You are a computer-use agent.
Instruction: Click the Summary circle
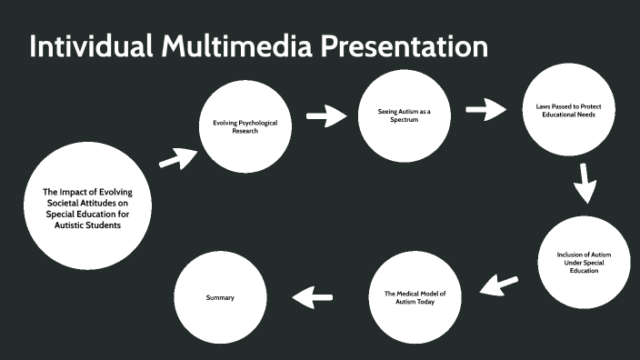pyautogui.click(x=220, y=297)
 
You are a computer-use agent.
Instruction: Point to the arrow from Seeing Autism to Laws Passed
pyautogui.click(x=487, y=110)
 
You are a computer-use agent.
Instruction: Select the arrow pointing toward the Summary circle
pyautogui.click(x=312, y=296)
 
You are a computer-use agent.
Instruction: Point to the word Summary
pyautogui.click(x=220, y=297)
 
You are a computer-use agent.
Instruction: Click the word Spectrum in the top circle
pyautogui.click(x=404, y=119)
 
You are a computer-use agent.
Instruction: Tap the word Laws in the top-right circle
pyautogui.click(x=543, y=106)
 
